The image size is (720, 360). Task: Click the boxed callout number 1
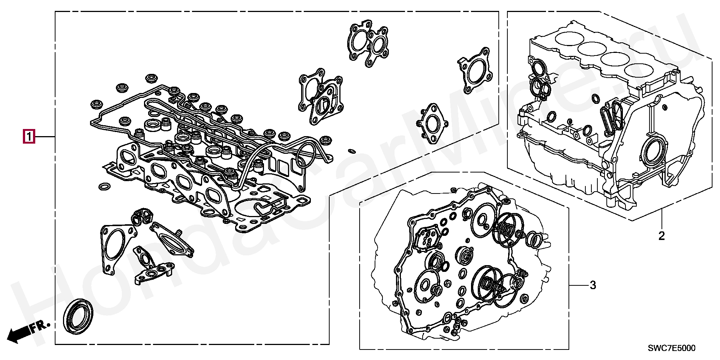(x=29, y=136)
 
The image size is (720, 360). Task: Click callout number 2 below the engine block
(x=661, y=235)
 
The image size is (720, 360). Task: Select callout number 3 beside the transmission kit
(x=592, y=285)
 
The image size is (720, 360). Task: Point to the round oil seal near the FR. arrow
(x=78, y=315)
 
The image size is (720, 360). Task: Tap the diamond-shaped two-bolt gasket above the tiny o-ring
(x=432, y=124)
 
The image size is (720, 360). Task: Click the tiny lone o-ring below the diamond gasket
(x=352, y=151)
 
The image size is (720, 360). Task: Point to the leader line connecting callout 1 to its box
(x=45, y=137)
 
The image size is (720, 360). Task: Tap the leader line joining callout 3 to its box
(x=579, y=286)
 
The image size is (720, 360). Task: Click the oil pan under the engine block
(x=562, y=161)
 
